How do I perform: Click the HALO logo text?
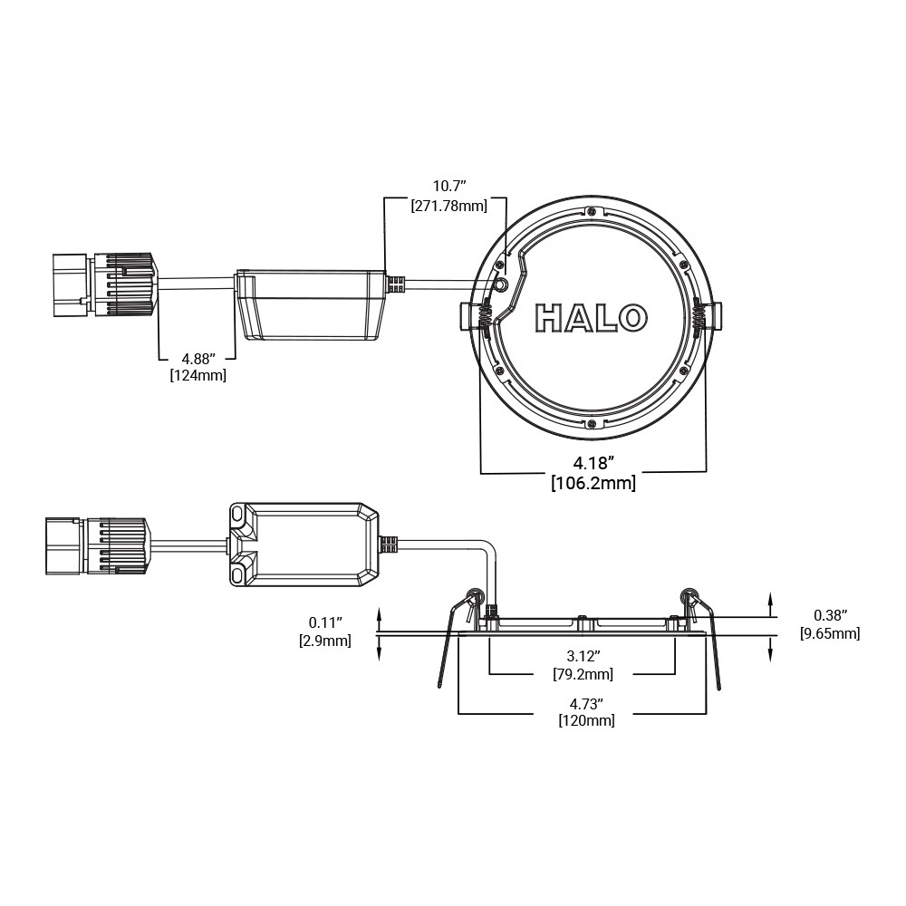click(x=592, y=318)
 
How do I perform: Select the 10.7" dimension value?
click(x=448, y=187)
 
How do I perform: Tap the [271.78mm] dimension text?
click(x=448, y=206)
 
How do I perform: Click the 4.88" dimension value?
click(x=198, y=358)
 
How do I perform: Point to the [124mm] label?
click(x=198, y=375)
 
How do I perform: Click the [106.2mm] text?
click(x=593, y=483)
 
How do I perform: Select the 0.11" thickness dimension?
click(x=324, y=622)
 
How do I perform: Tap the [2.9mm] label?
click(x=324, y=641)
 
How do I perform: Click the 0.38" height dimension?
click(x=830, y=615)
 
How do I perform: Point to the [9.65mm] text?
click(x=830, y=633)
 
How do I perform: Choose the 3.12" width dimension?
click(x=583, y=656)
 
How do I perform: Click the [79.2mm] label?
click(x=583, y=674)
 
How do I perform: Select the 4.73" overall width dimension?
click(x=586, y=703)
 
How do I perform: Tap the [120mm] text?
click(x=586, y=721)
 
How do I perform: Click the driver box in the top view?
click(x=311, y=304)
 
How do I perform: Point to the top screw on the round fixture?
click(x=591, y=211)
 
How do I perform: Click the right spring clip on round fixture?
click(x=700, y=318)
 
